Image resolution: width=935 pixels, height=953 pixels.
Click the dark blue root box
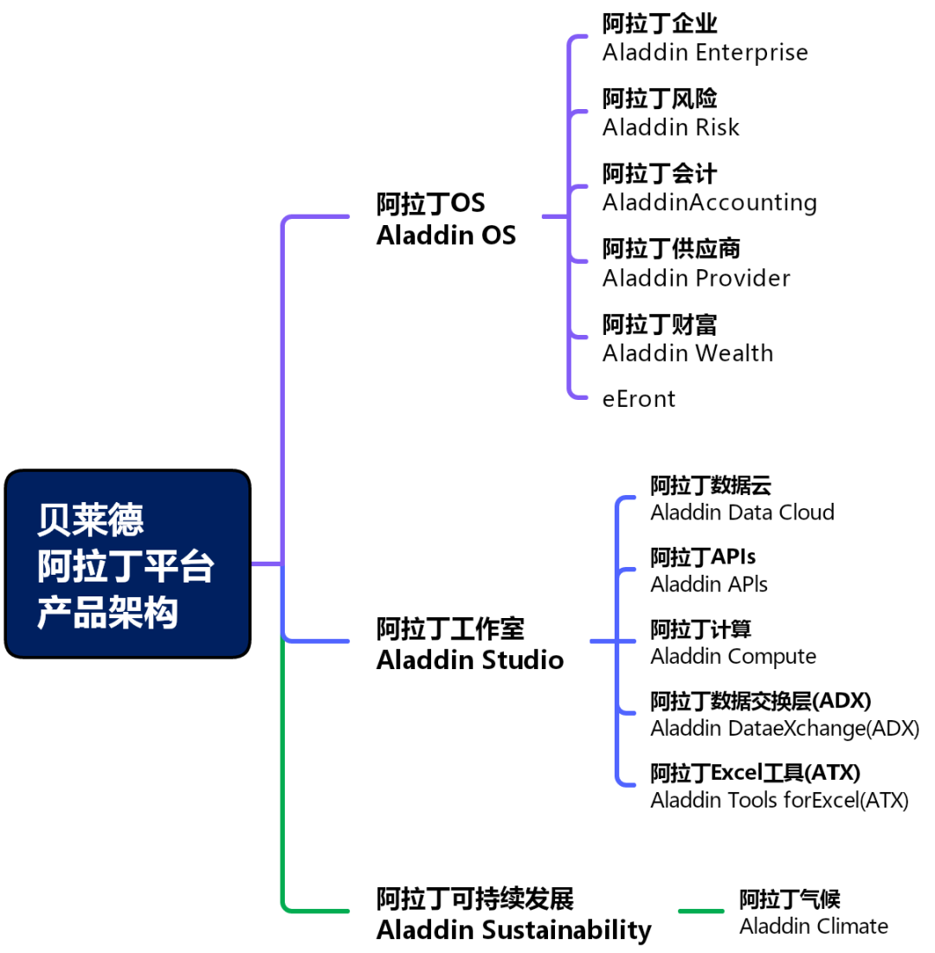127,563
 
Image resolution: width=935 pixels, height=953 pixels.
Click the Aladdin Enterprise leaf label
705,52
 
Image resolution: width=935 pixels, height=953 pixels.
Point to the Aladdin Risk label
671,127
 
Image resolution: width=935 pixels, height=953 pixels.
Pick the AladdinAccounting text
709,203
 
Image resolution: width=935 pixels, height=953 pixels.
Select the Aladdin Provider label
696,278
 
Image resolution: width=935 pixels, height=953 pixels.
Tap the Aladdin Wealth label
687,353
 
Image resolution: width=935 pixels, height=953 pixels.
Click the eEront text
638,398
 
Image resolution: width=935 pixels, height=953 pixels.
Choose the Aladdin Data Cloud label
742,512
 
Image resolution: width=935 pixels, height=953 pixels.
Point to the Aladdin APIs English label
708,584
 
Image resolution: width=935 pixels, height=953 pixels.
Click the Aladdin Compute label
732,656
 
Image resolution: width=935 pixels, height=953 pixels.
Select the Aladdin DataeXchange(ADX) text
784,728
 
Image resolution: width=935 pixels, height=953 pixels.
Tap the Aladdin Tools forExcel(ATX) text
779,800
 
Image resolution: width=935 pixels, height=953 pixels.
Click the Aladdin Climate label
813,926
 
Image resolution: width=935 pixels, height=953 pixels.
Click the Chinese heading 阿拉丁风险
660,99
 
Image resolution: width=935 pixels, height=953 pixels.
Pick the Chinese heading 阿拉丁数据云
710,485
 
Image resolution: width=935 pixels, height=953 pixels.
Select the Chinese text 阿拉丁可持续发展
474,898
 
